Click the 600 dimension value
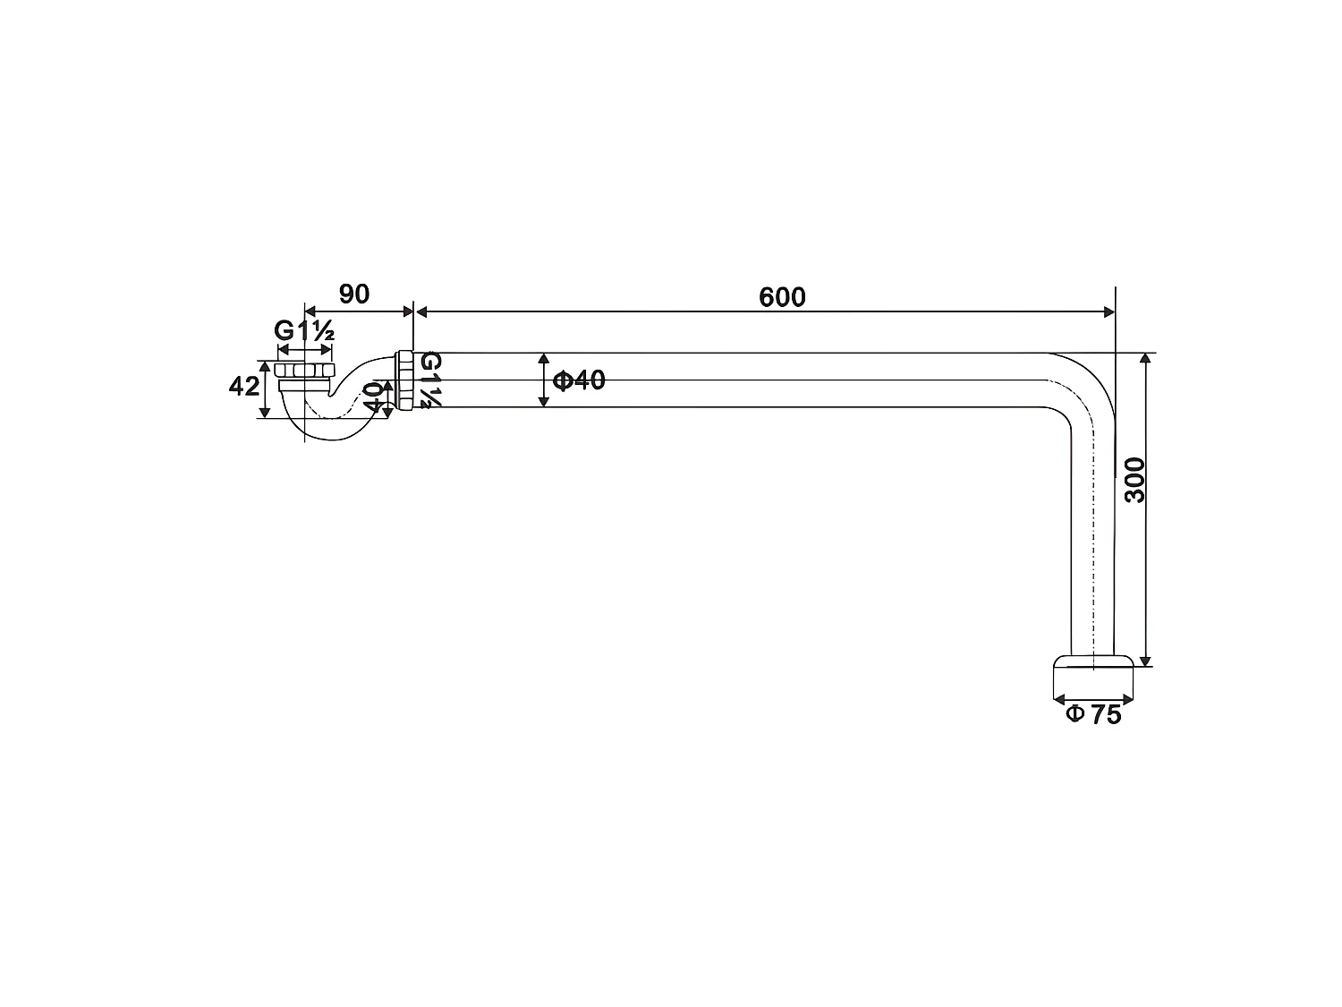(x=782, y=297)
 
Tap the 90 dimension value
(x=354, y=294)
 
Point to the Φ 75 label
(x=1093, y=714)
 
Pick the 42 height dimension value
(x=244, y=387)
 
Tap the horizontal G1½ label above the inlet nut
(x=304, y=330)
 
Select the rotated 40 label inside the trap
(x=373, y=396)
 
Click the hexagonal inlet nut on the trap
(x=304, y=370)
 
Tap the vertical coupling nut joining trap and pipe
(x=404, y=380)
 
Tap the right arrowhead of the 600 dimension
(x=1108, y=311)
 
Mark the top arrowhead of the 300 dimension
(x=1146, y=359)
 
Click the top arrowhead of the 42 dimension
(x=264, y=367)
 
